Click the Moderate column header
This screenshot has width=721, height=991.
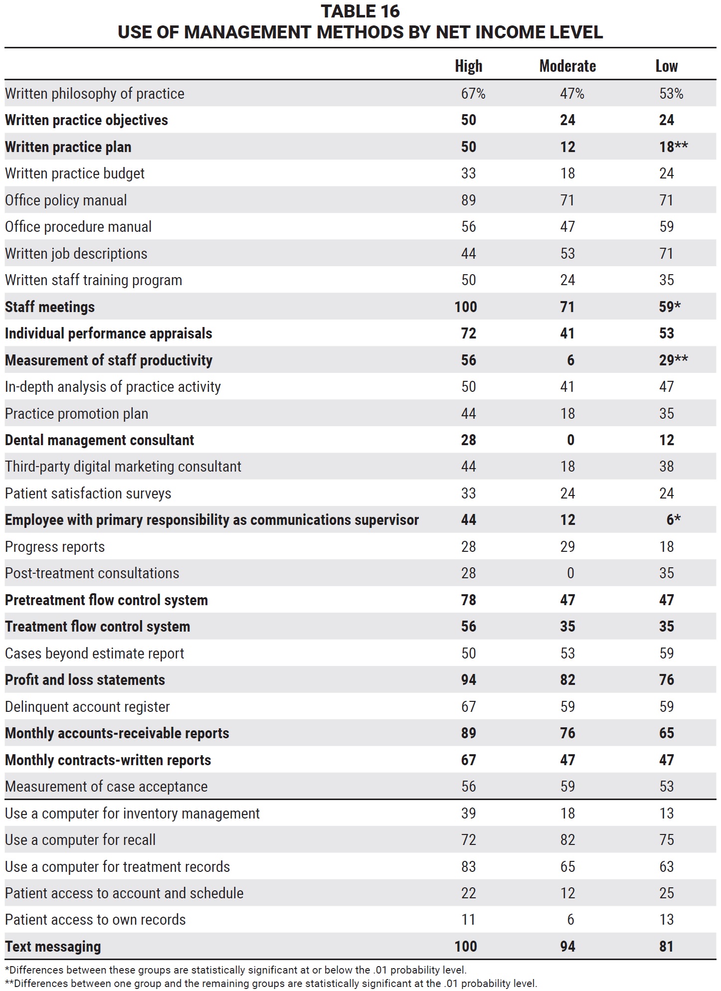pyautogui.click(x=567, y=66)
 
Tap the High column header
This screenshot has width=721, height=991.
pyautogui.click(x=469, y=66)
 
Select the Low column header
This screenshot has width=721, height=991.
pyautogui.click(x=667, y=66)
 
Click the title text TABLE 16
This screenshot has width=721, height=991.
pyautogui.click(x=360, y=11)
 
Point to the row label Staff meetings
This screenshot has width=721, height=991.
pyautogui.click(x=50, y=307)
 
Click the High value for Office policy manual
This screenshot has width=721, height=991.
pyautogui.click(x=469, y=200)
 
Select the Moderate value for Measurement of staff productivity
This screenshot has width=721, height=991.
pyautogui.click(x=570, y=360)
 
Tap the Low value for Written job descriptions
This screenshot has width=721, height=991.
pyautogui.click(x=667, y=254)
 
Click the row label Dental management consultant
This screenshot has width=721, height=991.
pyautogui.click(x=100, y=440)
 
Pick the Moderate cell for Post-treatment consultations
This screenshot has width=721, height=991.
pyautogui.click(x=570, y=573)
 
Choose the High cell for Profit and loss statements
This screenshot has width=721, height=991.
pyautogui.click(x=469, y=680)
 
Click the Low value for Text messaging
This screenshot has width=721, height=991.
pyautogui.click(x=667, y=947)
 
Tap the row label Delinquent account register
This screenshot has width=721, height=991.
pyautogui.click(x=87, y=707)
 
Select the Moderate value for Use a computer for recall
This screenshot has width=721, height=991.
pyautogui.click(x=567, y=840)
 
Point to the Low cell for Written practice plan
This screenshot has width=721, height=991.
pyautogui.click(x=673, y=147)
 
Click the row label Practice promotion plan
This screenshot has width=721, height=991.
pyautogui.click(x=77, y=414)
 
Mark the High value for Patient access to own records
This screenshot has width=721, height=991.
pyautogui.click(x=469, y=920)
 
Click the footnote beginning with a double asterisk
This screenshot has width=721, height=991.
pyautogui.click(x=271, y=984)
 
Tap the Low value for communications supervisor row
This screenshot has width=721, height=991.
pyautogui.click(x=673, y=520)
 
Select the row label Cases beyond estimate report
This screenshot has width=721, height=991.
pyautogui.click(x=95, y=654)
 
